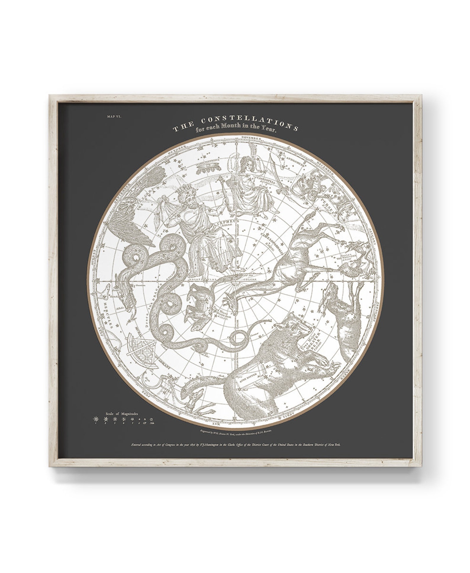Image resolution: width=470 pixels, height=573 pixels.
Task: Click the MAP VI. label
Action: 116,116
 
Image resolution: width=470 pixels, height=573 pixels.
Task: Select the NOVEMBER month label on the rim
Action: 251,138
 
